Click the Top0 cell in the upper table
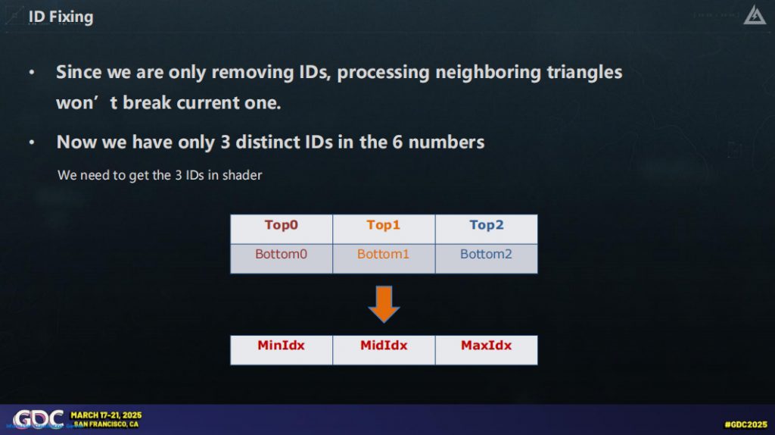(x=282, y=229)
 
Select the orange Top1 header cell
(x=384, y=229)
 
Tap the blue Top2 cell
(x=487, y=229)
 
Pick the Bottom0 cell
(x=282, y=258)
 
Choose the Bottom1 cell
(x=384, y=258)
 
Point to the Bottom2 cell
(x=487, y=258)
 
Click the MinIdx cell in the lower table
(x=282, y=350)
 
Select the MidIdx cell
(x=384, y=350)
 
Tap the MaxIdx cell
(x=487, y=350)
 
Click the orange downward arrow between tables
(x=384, y=304)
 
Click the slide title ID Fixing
(x=61, y=17)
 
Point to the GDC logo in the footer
(x=38, y=419)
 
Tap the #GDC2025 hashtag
(x=745, y=424)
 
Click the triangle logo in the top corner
(x=755, y=15)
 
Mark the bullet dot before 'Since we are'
(x=32, y=72)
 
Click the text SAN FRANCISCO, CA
(x=106, y=424)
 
